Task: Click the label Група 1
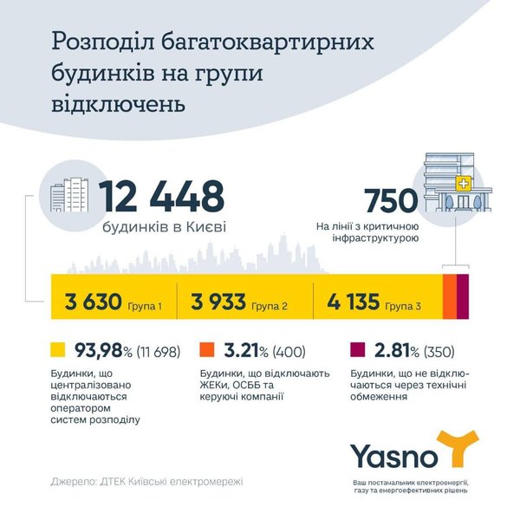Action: tap(145, 306)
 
